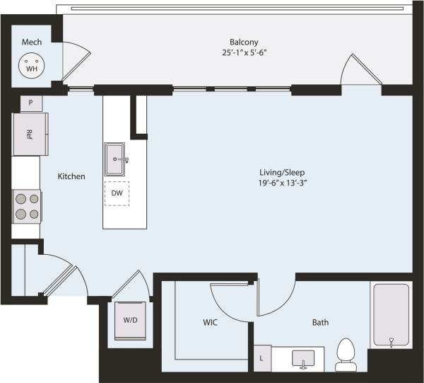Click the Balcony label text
coord(242,41)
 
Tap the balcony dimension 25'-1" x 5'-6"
coord(242,52)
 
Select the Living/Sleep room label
coord(281,172)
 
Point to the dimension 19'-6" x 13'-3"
coord(281,183)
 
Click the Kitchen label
coord(71,176)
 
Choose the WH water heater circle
coord(31,66)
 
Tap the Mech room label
coord(31,42)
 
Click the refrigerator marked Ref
coord(29,134)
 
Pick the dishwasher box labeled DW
coord(117,193)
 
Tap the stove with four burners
coord(26,206)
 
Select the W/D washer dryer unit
coord(131,320)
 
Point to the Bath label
coord(320,323)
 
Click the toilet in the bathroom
coord(346,354)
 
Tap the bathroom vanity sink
coord(302,358)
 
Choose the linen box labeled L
coord(262,358)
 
